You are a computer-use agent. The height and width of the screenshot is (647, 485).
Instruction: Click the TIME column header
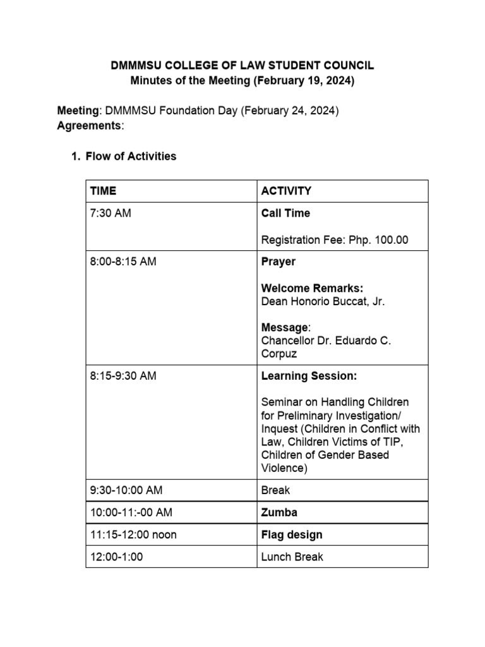point(104,191)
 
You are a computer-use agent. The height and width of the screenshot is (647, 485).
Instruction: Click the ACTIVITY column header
point(286,191)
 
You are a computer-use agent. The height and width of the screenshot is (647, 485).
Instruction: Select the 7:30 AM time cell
point(111,214)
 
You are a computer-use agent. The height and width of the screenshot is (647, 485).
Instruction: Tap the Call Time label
point(285,214)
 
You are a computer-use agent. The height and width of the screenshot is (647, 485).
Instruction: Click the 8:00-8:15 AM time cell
point(123,262)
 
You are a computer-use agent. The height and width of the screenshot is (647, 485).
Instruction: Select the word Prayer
point(278,262)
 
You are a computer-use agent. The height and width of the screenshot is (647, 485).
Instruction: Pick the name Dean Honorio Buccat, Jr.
point(323,301)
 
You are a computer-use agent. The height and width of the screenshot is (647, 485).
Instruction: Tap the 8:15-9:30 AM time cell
point(123,376)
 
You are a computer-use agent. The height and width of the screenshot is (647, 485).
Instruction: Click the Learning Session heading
point(309,376)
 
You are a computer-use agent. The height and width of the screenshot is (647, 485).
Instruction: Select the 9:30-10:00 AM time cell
point(126,490)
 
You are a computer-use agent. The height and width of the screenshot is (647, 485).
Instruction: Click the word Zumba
point(279,512)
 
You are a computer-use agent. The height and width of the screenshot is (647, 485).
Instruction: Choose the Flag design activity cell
point(292,535)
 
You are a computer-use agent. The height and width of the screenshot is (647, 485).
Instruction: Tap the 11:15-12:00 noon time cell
point(133,535)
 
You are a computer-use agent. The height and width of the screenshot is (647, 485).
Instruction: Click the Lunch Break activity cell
point(292,557)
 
